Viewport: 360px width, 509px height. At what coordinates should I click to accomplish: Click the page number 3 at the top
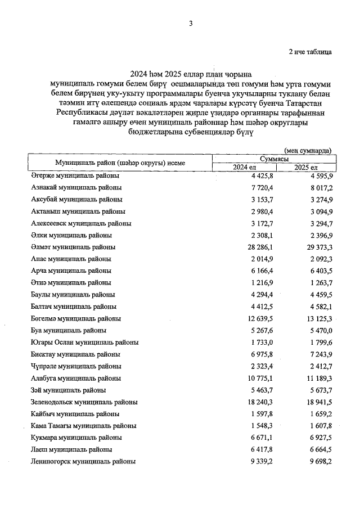coord(191,23)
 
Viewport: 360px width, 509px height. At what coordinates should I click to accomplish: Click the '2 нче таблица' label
coord(309,52)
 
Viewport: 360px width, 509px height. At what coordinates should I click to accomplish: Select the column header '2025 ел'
coord(306,168)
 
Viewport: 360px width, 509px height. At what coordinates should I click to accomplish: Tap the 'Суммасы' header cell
coord(275,159)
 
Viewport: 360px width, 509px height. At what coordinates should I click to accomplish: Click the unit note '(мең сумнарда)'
coord(308,150)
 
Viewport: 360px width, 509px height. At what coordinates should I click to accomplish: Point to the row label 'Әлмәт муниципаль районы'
coord(73,247)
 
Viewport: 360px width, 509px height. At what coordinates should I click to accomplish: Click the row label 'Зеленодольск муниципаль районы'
coord(84,402)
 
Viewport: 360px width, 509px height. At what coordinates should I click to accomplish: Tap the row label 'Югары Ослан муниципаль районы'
coord(85,343)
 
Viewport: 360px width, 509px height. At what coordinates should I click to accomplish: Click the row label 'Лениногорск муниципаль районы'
coord(83,462)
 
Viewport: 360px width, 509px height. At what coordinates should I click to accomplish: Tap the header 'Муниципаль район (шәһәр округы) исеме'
coord(120,163)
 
